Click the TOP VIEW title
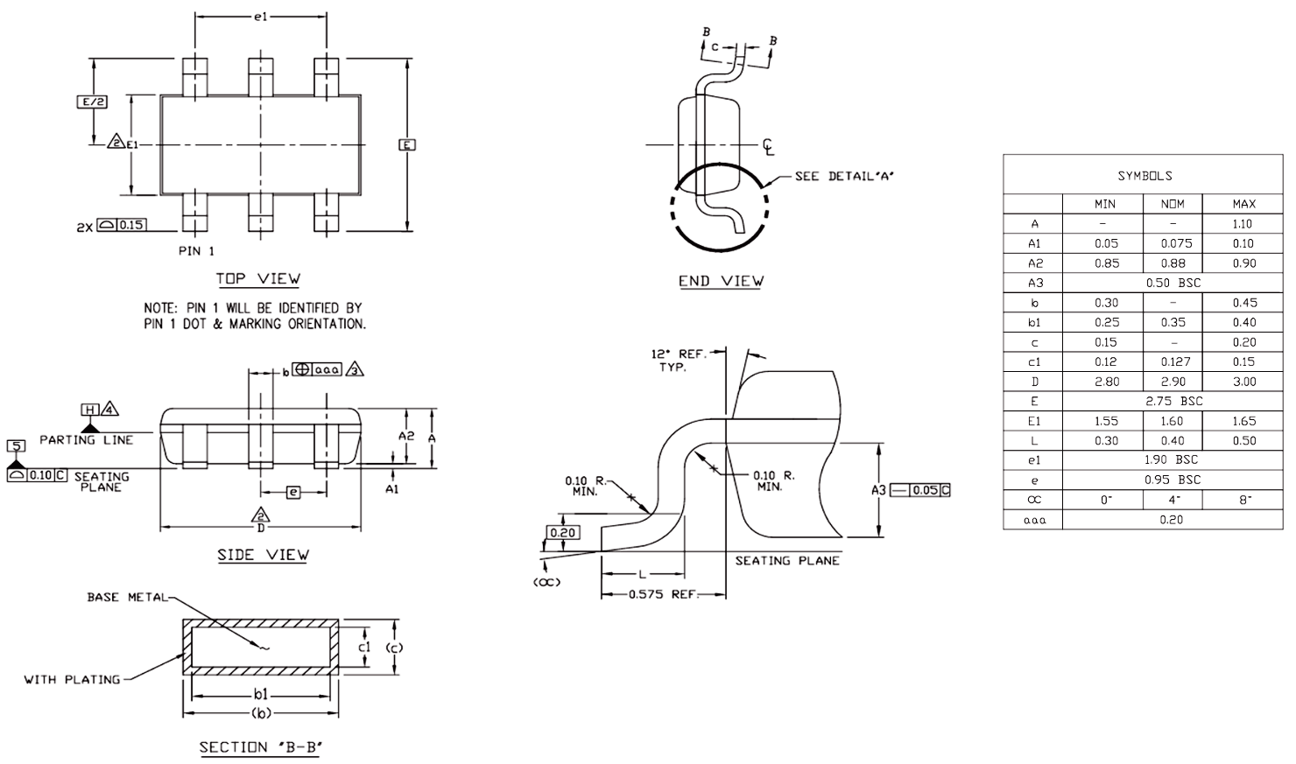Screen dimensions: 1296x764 [258, 279]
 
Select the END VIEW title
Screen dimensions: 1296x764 [721, 281]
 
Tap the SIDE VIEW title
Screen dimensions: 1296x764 [264, 555]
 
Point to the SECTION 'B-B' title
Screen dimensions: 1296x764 [260, 747]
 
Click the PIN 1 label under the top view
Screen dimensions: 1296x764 [196, 251]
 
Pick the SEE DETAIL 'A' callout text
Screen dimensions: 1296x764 [844, 176]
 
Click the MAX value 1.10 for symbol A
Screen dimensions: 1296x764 [1243, 224]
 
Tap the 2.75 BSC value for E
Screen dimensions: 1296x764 [1173, 401]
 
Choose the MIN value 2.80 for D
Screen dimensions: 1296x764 [1106, 382]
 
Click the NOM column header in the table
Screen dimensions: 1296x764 [1173, 204]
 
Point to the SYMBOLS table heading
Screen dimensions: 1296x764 [1145, 176]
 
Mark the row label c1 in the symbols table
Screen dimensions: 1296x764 [1034, 362]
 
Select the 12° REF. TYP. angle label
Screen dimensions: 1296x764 [679, 361]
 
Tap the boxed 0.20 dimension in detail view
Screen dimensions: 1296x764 [563, 532]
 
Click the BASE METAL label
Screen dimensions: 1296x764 [127, 597]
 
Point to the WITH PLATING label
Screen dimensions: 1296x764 [73, 680]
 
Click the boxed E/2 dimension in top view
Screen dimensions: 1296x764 [93, 102]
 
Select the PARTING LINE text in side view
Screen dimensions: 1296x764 [86, 439]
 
